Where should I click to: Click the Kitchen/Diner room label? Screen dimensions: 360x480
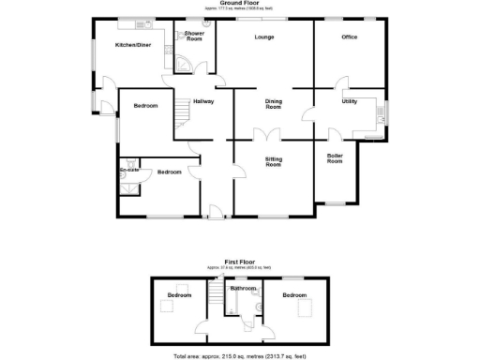coord(133,45)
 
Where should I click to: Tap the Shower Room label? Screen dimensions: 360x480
coord(195,37)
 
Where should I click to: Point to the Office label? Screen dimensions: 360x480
coord(349,37)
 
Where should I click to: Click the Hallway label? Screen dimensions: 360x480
coord(203,101)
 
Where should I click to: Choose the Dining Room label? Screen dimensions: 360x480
coord(273,105)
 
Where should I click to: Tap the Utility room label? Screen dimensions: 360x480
coord(349,101)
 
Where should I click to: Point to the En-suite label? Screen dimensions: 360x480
coord(130,169)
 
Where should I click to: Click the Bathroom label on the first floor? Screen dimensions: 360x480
coord(246,288)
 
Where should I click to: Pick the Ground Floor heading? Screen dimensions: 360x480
coord(239,4)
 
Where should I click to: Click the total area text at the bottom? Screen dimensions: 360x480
coord(239,356)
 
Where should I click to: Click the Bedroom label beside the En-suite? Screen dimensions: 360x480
coord(169,172)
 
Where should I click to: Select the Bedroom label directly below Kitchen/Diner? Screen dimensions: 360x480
coord(144,105)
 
